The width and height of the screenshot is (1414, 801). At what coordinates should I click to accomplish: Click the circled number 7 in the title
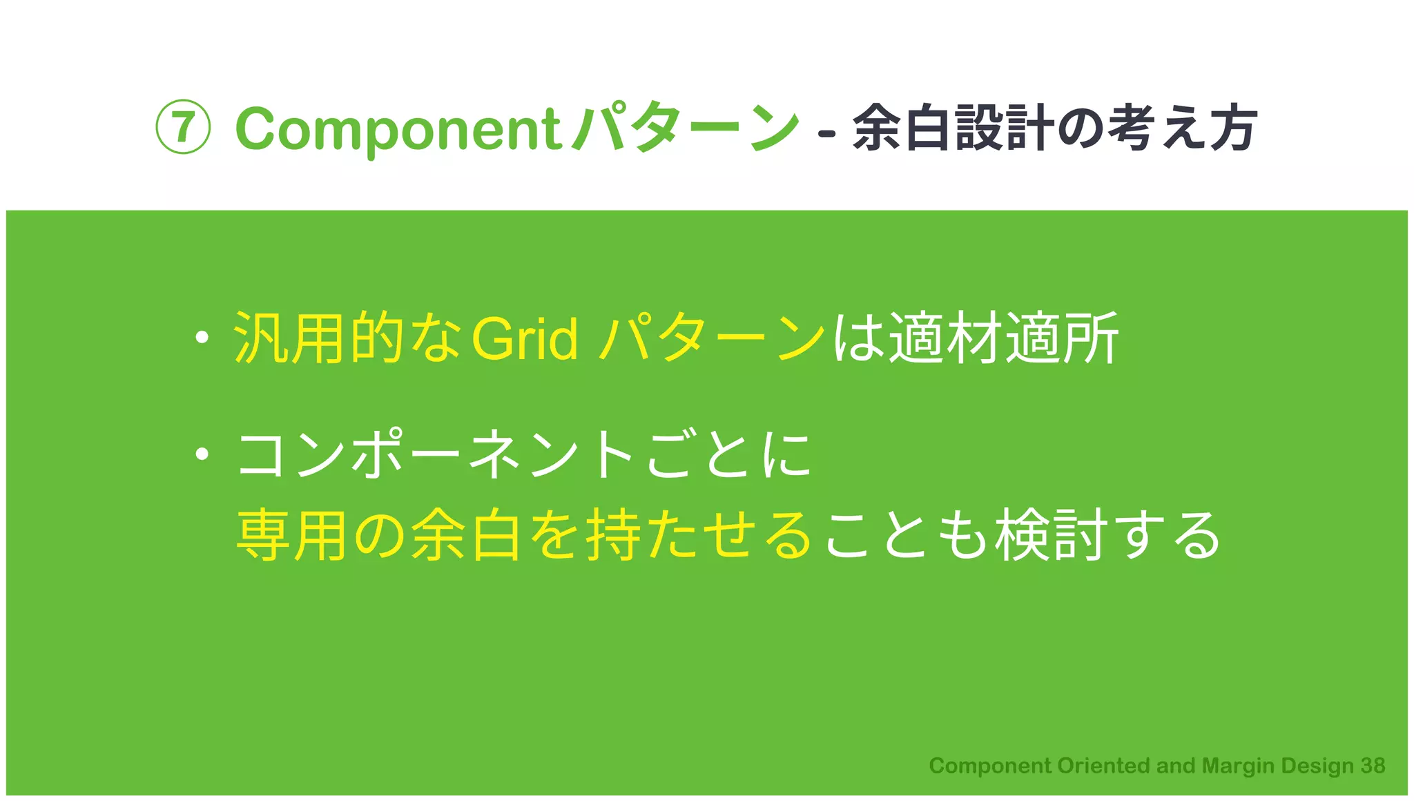tap(182, 127)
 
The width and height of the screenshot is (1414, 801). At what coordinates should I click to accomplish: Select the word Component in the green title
tap(398, 129)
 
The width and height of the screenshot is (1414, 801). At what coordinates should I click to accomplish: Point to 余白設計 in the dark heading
tap(953, 128)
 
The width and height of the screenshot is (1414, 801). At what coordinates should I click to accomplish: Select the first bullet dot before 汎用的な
tap(202, 338)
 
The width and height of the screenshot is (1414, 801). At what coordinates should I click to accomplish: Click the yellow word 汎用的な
tap(347, 338)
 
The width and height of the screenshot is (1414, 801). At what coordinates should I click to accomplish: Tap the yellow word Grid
tap(525, 338)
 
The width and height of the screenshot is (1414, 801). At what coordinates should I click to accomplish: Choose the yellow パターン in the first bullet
tap(712, 338)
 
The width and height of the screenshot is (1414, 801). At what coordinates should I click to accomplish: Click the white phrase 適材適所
tap(1003, 338)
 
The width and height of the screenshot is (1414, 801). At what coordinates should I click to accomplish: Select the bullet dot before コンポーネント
tap(202, 454)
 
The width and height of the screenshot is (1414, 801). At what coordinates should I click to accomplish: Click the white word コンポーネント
tap(436, 454)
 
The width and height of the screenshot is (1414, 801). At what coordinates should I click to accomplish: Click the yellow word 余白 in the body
tap(466, 535)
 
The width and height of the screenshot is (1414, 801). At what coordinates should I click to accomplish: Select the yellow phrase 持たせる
tap(697, 535)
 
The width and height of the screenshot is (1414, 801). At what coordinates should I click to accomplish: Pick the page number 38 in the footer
tap(1373, 766)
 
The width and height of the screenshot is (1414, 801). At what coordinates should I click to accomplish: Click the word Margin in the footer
tap(1239, 766)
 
